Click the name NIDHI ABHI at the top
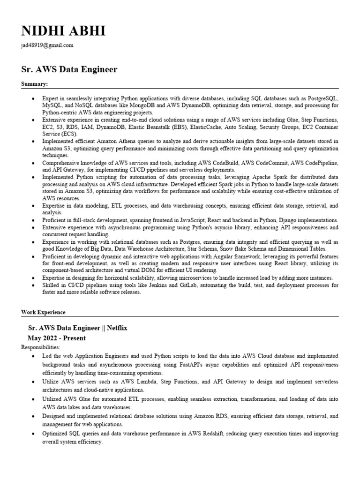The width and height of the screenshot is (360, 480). tap(63, 31)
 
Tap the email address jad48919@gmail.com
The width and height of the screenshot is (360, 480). tap(47, 45)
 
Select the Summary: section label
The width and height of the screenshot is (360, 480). tap(35, 84)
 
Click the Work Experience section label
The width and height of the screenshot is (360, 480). tap(43, 312)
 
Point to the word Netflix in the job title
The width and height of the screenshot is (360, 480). tap(117, 328)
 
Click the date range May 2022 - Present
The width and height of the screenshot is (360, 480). tap(57, 338)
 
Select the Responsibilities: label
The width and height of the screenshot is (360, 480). tap(41, 347)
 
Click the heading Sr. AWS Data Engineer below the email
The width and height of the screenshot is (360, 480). tap(69, 69)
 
